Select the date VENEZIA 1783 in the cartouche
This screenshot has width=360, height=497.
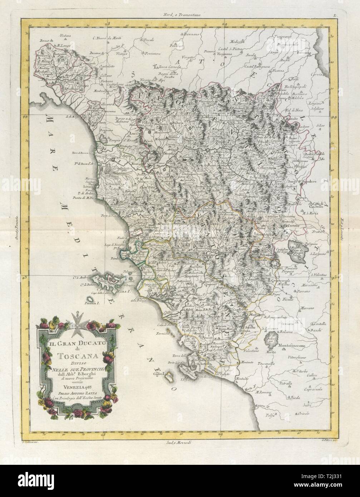(x=79, y=384)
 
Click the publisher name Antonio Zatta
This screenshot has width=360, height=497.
(x=79, y=390)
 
